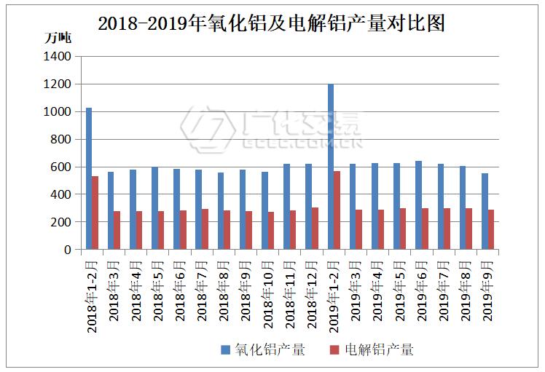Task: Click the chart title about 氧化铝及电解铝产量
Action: (x=271, y=24)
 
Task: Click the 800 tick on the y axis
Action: (x=61, y=139)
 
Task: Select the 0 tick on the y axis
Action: (x=68, y=250)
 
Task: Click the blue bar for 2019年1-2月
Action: (x=331, y=167)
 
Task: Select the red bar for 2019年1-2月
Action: (x=337, y=210)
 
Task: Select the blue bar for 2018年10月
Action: (x=264, y=210)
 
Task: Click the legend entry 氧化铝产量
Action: (x=270, y=350)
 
